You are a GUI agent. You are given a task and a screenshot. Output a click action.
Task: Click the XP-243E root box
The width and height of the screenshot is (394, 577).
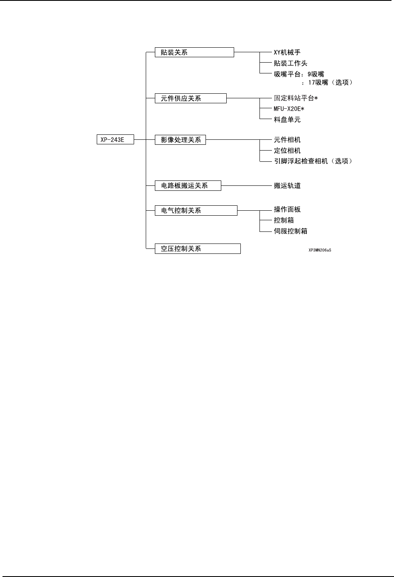coord(115,140)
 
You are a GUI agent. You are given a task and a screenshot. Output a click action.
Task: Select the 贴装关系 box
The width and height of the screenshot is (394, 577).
coord(194,52)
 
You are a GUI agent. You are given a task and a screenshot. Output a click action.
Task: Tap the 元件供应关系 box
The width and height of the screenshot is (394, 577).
coord(191,98)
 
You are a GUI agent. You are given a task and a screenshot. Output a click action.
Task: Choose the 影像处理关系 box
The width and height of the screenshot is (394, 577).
coord(180,140)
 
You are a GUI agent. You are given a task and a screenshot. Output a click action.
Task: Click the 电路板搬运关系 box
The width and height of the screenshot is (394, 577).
coord(188,185)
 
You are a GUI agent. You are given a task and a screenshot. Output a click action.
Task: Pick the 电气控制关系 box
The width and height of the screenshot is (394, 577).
coord(196,210)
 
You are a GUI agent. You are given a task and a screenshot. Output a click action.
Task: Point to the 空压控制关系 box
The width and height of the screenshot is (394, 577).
coord(198,248)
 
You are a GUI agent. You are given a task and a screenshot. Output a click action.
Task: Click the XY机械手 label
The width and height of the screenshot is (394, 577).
coord(287,52)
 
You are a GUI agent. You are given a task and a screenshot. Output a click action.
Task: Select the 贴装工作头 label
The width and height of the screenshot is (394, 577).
coord(291,63)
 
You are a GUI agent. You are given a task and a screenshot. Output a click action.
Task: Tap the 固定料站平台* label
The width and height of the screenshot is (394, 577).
coord(296,98)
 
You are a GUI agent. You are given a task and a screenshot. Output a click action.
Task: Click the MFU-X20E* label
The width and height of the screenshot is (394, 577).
coord(289,109)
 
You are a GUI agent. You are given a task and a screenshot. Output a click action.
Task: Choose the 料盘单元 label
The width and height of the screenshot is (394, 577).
coord(287,119)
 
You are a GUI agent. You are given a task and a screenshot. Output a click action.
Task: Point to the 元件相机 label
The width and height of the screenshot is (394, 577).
coord(287,140)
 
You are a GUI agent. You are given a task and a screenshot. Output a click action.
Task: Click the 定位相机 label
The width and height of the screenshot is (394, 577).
coord(287,151)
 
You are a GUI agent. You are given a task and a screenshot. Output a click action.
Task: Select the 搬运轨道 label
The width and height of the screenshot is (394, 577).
coord(287,185)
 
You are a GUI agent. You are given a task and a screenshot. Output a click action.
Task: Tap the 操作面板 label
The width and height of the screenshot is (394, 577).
coord(287,209)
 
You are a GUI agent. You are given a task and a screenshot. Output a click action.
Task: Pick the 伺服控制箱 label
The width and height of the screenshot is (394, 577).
coord(291,231)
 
